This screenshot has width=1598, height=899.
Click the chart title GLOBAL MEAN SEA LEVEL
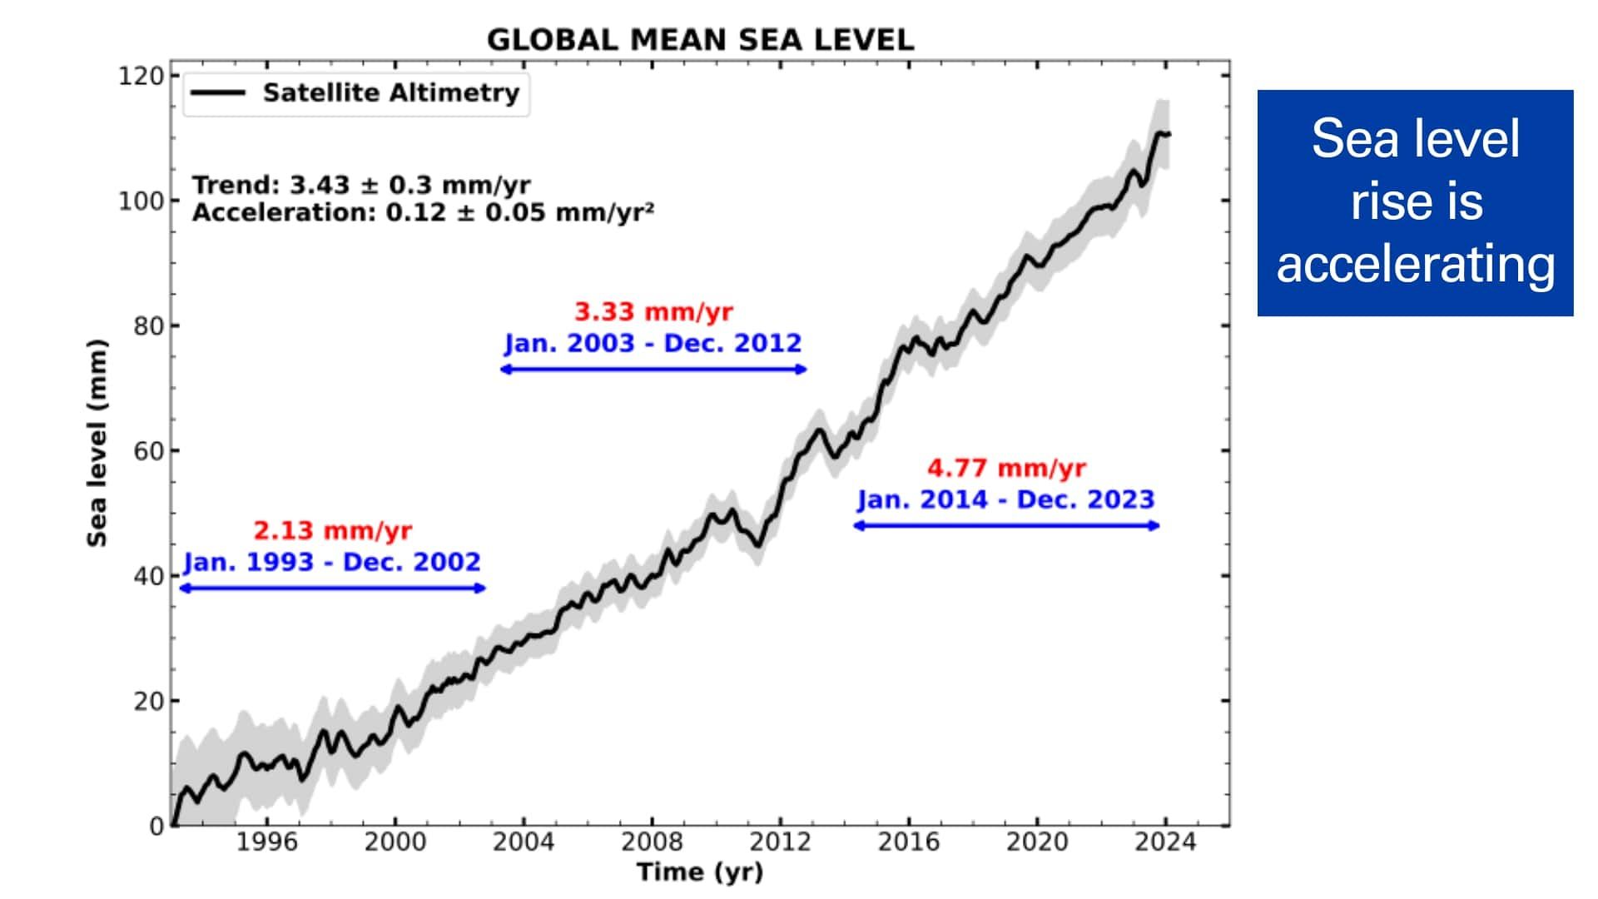(700, 40)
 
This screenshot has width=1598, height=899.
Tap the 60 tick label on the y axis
(148, 451)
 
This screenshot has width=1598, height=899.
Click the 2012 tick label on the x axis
(780, 842)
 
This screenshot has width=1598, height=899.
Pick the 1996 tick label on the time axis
(266, 842)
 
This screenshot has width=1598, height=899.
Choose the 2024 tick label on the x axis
(1165, 842)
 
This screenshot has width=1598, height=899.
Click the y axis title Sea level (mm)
(97, 443)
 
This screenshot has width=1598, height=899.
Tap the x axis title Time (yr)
(699, 872)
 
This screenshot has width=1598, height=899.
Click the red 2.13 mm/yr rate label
(332, 530)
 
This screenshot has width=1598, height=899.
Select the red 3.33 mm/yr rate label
(653, 312)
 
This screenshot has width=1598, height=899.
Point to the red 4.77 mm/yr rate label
(1006, 468)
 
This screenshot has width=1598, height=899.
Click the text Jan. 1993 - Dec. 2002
(332, 562)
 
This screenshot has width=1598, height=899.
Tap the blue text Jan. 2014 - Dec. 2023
(1006, 499)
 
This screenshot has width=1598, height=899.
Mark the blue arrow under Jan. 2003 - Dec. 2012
(653, 370)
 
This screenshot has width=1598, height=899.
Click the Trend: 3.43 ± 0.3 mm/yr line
(361, 185)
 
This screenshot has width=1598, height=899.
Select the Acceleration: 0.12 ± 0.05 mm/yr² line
(423, 212)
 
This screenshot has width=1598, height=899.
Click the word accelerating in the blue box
(1415, 264)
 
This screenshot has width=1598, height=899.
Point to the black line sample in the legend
(218, 93)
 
